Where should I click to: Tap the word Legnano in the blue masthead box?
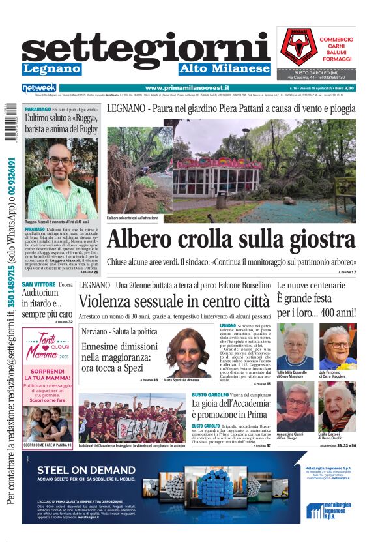51,68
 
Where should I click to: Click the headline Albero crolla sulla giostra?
231,239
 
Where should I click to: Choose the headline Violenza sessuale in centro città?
173,301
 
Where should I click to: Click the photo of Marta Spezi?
187,351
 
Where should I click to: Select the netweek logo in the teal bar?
39,88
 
